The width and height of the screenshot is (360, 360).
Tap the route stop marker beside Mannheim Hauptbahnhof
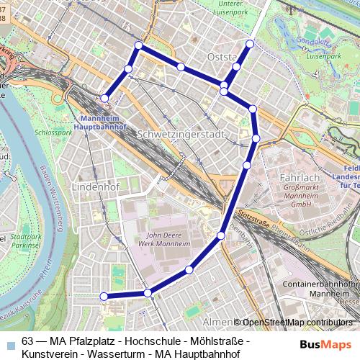(105, 98)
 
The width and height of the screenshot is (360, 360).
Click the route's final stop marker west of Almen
(104, 296)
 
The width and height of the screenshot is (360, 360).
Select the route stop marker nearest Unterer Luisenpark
(250, 44)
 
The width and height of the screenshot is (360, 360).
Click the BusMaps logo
(325, 344)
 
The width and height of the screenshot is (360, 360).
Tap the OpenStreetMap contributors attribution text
(300, 322)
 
